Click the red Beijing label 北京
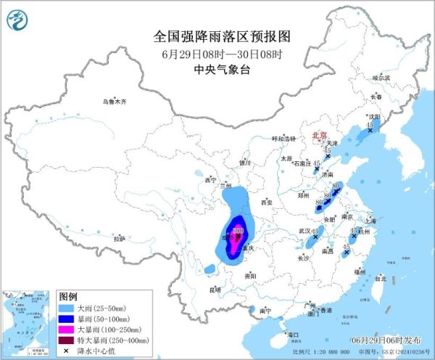320,135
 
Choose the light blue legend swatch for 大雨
67,308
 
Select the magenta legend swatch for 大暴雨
67,329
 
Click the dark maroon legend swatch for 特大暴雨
67,339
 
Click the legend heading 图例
68,297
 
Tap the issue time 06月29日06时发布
396,340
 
